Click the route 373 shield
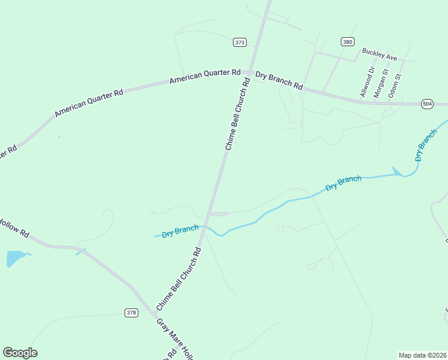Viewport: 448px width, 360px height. click(x=240, y=42)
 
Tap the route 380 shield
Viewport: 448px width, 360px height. click(x=347, y=41)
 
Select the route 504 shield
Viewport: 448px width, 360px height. click(x=427, y=104)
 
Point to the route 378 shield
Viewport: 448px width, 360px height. click(x=132, y=313)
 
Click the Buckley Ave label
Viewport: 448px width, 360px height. click(x=380, y=57)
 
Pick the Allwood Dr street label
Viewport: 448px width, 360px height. click(x=367, y=83)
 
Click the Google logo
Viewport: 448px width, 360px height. click(x=20, y=353)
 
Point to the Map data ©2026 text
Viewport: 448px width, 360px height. click(x=422, y=355)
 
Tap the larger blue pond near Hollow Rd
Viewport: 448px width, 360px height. click(x=15, y=259)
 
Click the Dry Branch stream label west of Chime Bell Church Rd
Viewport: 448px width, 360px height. click(x=180, y=232)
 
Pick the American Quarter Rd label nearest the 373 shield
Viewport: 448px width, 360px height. click(x=205, y=76)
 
